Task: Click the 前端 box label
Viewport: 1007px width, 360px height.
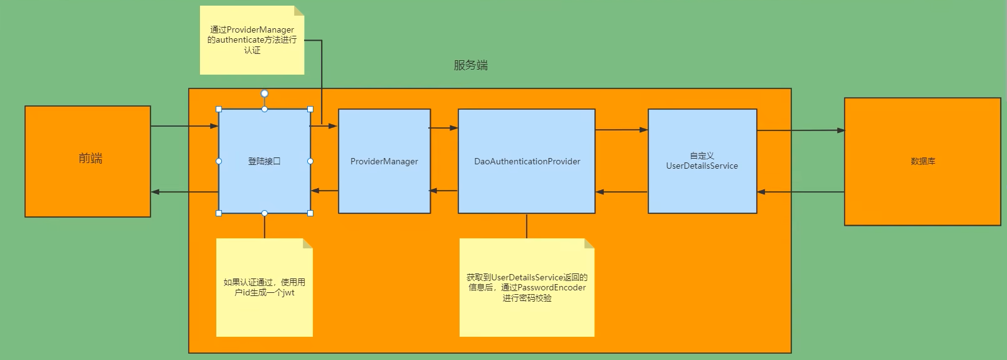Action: click(90, 159)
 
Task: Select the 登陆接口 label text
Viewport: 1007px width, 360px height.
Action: click(264, 161)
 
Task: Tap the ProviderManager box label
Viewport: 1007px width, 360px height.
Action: click(384, 161)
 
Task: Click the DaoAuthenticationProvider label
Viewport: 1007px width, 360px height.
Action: click(527, 161)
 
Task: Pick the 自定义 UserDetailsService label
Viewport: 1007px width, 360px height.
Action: click(702, 161)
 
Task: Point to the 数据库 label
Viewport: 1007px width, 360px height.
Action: click(922, 161)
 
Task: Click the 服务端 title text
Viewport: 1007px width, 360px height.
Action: click(470, 65)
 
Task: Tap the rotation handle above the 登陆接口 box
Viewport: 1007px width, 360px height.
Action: click(265, 93)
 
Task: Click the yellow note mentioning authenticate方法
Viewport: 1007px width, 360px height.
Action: click(252, 40)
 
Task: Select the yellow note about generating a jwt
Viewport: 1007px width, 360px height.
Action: click(264, 287)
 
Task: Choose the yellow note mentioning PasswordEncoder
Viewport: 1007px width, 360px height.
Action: click(527, 287)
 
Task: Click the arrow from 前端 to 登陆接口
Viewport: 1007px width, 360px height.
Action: click(184, 126)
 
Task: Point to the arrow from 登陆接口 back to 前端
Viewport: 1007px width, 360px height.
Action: click(184, 192)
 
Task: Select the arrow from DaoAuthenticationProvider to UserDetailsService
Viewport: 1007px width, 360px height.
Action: click(621, 130)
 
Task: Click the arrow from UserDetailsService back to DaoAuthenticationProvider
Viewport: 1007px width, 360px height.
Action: click(621, 192)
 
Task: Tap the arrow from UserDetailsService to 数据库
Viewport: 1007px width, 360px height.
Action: click(800, 130)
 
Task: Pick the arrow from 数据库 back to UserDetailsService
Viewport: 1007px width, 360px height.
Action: click(800, 192)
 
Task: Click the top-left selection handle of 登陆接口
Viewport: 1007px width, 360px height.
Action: click(219, 109)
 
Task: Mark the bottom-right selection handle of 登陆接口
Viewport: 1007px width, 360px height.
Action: click(310, 213)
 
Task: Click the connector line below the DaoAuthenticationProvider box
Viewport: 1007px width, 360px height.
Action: click(527, 226)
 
